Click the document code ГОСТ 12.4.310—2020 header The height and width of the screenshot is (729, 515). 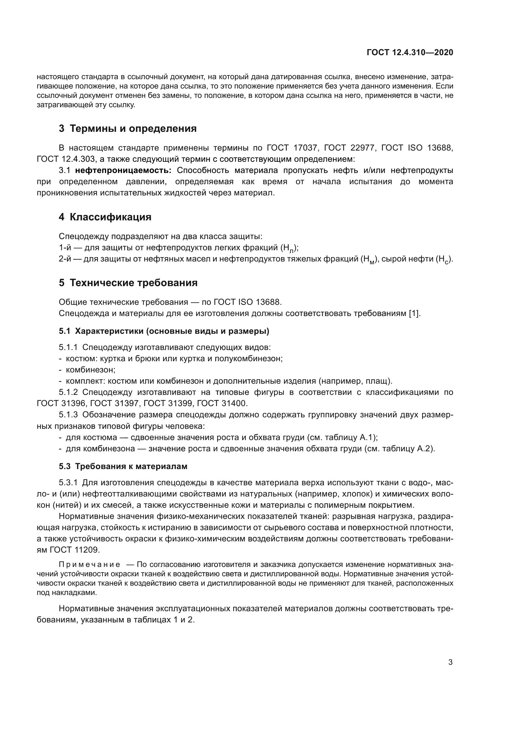tap(410, 52)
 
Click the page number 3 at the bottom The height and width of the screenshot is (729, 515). tap(450, 662)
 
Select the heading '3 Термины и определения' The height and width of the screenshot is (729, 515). tap(127, 129)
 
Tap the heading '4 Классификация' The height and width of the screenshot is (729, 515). tap(105, 217)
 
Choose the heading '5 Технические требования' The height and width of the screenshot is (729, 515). tap(128, 283)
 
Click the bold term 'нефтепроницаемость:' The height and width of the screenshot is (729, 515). tap(123, 170)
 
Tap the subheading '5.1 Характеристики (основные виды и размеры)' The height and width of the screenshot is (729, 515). tap(164, 331)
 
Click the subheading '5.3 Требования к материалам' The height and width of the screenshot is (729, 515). tap(123, 467)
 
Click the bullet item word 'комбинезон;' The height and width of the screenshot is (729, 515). tap(90, 370)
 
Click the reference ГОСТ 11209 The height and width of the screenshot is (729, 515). tap(75, 549)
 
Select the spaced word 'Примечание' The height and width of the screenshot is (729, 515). tap(89, 564)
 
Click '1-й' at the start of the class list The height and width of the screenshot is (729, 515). tap(65, 247)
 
